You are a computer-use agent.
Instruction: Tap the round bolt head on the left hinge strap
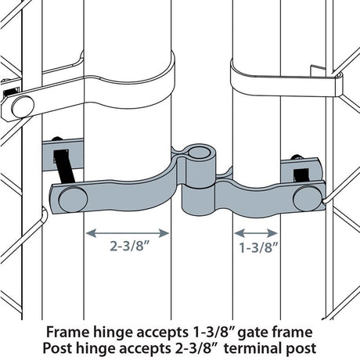(x=73, y=199)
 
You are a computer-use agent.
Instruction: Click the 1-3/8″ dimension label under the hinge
(x=256, y=250)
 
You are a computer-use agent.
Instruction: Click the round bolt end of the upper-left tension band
(x=20, y=105)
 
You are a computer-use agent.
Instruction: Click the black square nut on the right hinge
(x=299, y=167)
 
